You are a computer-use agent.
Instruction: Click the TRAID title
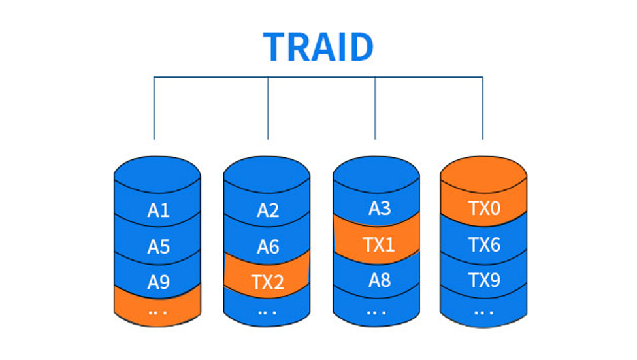pyautogui.click(x=318, y=47)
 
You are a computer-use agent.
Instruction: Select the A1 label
pyautogui.click(x=159, y=210)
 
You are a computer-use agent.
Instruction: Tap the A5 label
pyautogui.click(x=159, y=246)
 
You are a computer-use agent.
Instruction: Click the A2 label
pyautogui.click(x=268, y=210)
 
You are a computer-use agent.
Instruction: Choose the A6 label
pyautogui.click(x=268, y=246)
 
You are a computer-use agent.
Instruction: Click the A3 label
pyautogui.click(x=380, y=208)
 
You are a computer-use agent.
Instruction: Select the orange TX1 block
pyautogui.click(x=376, y=239)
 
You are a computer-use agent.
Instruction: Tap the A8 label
pyautogui.click(x=380, y=280)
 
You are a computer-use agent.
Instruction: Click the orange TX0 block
pyautogui.click(x=483, y=191)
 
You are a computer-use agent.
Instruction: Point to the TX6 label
pyautogui.click(x=484, y=244)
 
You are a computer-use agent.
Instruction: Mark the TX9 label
pyautogui.click(x=484, y=280)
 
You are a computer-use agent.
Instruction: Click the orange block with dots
pyautogui.click(x=157, y=306)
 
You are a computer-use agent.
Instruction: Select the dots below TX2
pyautogui.click(x=267, y=313)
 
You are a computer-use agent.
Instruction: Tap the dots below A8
pyautogui.click(x=376, y=313)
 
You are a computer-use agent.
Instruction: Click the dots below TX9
pyautogui.click(x=483, y=313)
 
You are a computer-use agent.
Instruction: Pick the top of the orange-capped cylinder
pyautogui.click(x=483, y=174)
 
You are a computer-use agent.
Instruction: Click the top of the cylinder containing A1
pyautogui.click(x=157, y=174)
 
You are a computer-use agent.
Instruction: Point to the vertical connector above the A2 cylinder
pyautogui.click(x=268, y=108)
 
